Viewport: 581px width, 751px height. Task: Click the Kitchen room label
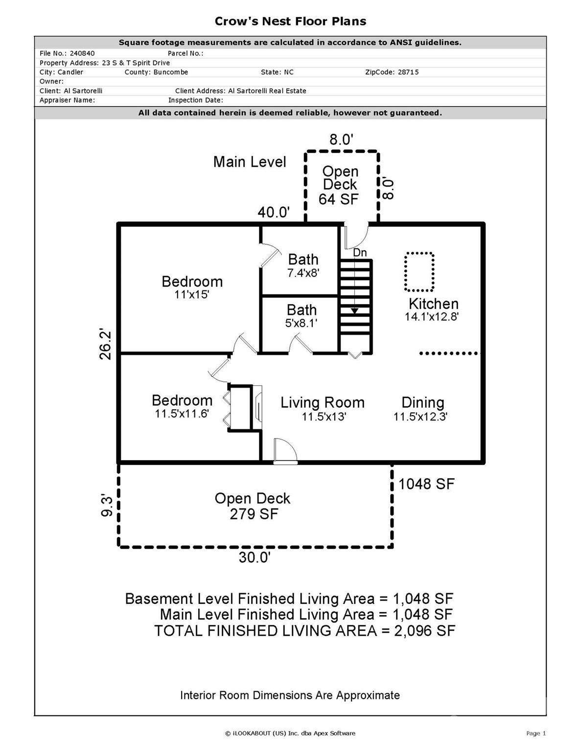(x=433, y=304)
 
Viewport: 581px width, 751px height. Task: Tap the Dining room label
(x=422, y=402)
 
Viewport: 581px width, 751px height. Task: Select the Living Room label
(x=323, y=402)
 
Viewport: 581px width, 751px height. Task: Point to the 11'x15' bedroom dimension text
(x=192, y=295)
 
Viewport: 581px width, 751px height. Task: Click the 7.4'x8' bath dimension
(x=303, y=273)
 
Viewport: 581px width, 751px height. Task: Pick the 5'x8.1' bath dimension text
(x=302, y=323)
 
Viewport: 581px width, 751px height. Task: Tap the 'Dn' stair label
(x=360, y=253)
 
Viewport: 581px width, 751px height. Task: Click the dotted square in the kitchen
(x=419, y=272)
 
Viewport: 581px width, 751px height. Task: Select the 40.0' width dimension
(x=274, y=212)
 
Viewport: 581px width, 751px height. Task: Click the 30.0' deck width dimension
(x=254, y=557)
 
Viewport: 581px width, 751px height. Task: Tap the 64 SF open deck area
(x=338, y=199)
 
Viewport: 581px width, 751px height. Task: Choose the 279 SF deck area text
(x=254, y=514)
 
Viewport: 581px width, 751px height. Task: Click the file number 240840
(x=82, y=53)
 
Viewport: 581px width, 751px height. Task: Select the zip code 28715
(x=408, y=72)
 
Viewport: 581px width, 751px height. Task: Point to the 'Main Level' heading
(x=250, y=162)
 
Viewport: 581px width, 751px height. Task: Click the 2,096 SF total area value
(x=424, y=631)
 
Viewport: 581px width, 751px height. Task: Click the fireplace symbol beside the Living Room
(x=257, y=408)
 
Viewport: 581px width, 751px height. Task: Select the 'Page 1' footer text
(x=536, y=733)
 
